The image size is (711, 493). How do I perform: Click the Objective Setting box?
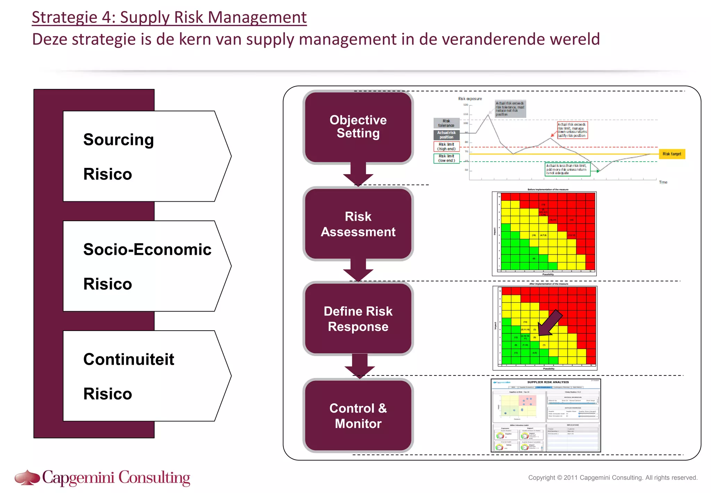pyautogui.click(x=358, y=127)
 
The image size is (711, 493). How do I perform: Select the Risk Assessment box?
pyautogui.click(x=358, y=224)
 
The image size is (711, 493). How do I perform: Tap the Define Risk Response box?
pyautogui.click(x=358, y=319)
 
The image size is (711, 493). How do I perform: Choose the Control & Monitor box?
pyautogui.click(x=358, y=416)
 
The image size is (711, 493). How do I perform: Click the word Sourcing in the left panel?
pyautogui.click(x=118, y=140)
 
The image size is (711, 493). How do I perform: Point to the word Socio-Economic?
pyautogui.click(x=147, y=250)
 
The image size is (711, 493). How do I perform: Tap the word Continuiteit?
pyautogui.click(x=128, y=359)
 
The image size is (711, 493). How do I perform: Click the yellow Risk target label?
pyautogui.click(x=671, y=154)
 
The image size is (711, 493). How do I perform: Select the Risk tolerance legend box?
pyautogui.click(x=446, y=123)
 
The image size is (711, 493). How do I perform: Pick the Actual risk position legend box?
pyautogui.click(x=446, y=135)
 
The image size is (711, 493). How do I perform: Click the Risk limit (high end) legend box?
pyautogui.click(x=446, y=146)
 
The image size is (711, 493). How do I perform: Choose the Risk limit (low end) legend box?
pyautogui.click(x=446, y=158)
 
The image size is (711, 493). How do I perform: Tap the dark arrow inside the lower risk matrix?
pyautogui.click(x=550, y=322)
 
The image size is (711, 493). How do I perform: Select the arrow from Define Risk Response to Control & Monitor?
pyautogui.click(x=359, y=366)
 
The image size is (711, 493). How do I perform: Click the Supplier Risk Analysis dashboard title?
pyautogui.click(x=548, y=382)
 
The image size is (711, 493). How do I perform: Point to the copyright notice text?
pyautogui.click(x=612, y=478)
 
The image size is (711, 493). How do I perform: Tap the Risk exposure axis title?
pyautogui.click(x=470, y=99)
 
